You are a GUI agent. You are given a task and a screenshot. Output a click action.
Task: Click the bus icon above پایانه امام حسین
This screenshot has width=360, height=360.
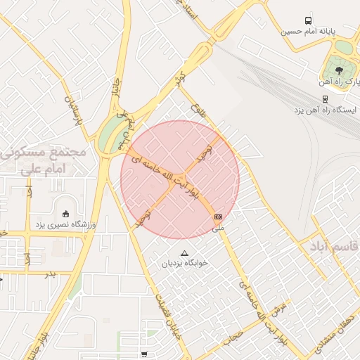pos(308,21)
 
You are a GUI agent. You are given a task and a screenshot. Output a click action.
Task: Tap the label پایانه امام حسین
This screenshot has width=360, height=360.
pos(308,32)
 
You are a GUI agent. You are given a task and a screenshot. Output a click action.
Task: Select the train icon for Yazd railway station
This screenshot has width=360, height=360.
pos(324,99)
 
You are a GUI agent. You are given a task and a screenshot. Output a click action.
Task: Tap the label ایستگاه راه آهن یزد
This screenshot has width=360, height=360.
pos(327,110)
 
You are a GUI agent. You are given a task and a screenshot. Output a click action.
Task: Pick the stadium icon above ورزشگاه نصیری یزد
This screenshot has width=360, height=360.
pos(66,214)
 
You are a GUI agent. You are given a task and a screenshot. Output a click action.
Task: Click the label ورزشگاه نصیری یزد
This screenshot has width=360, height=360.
pos(60,224)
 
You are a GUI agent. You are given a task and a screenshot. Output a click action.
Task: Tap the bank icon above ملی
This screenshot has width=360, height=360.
pos(218,217)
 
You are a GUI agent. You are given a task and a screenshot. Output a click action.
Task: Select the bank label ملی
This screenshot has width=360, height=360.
pos(218,228)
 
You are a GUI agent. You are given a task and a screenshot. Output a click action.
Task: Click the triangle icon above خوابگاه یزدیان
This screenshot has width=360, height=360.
pos(185,253)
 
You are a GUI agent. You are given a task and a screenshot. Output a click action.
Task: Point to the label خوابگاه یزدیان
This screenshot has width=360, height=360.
pos(185,263)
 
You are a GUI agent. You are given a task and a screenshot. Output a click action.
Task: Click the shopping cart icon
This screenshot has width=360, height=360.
pos(144,354)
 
